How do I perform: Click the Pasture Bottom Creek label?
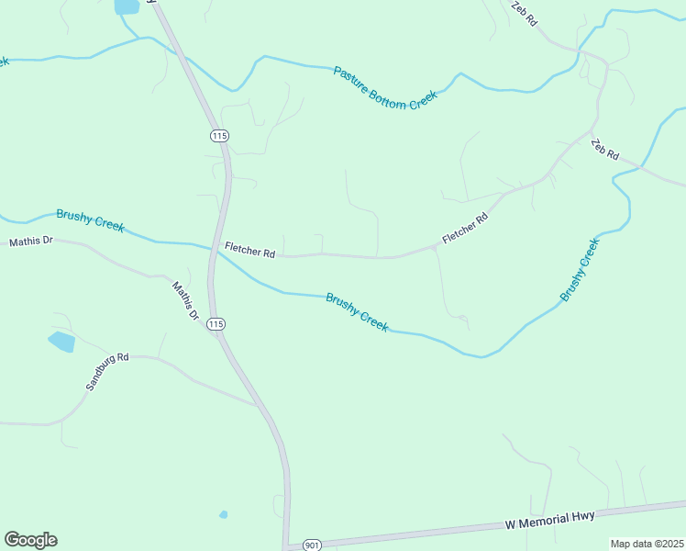point(385,88)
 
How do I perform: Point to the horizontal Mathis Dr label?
point(31,242)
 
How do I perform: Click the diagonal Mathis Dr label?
point(186,299)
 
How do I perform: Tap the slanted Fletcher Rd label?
point(465,229)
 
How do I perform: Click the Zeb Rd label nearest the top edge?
point(525,13)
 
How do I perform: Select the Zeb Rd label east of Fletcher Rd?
point(605,150)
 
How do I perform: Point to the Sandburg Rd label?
point(107,370)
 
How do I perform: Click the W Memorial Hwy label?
point(550,520)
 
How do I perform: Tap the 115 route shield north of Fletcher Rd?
point(218,136)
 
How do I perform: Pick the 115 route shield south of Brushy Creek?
point(216,324)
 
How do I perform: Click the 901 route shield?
point(313,544)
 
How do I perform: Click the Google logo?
point(30,540)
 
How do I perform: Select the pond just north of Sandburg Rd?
point(61,343)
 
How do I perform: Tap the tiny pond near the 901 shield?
point(223,514)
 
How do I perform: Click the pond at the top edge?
point(127,6)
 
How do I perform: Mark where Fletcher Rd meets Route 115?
point(217,250)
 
